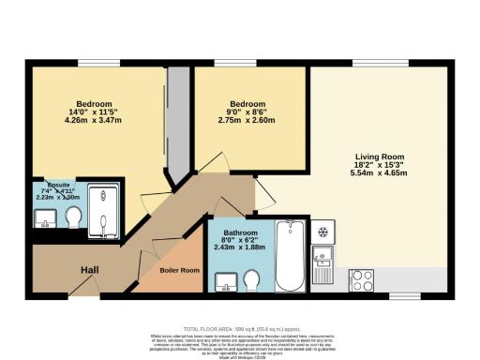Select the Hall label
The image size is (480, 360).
coord(89,270)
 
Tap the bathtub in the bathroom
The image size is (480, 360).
coord(290,255)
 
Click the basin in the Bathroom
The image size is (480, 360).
coord(225,280)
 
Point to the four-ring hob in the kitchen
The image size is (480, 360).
coord(361,279)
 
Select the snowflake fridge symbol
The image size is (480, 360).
coord(322,230)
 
